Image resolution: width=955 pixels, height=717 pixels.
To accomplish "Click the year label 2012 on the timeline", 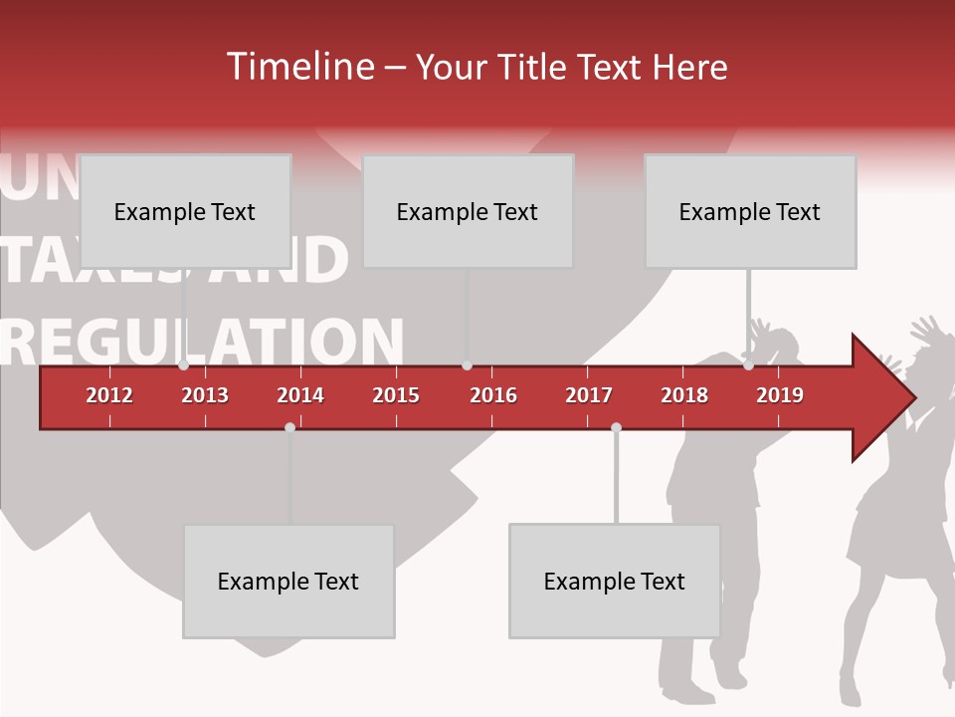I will pyautogui.click(x=109, y=395).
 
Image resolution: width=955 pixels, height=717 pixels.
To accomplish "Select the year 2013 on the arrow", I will pyautogui.click(x=205, y=395).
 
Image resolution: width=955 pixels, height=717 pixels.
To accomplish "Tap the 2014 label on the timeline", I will pyautogui.click(x=300, y=395).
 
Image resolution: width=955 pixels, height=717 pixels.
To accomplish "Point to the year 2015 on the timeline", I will pyautogui.click(x=396, y=395).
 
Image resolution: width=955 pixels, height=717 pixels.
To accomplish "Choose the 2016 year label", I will pyautogui.click(x=493, y=395).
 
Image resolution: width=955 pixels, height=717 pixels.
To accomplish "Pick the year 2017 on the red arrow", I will pyautogui.click(x=589, y=395).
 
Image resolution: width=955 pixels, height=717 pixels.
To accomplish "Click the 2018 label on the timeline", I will pyautogui.click(x=684, y=395).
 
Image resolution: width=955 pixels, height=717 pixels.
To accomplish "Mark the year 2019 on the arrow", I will pyautogui.click(x=780, y=395).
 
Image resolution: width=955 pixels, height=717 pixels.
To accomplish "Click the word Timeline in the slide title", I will pyautogui.click(x=298, y=67).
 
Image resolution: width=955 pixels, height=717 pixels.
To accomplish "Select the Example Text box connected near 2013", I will pyautogui.click(x=185, y=211).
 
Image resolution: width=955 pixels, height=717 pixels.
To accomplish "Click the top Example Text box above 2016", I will pyautogui.click(x=468, y=211).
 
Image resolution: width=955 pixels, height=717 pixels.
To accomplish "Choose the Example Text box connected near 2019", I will pyautogui.click(x=750, y=211).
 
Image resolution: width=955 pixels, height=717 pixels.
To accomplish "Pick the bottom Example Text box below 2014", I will pyautogui.click(x=288, y=582).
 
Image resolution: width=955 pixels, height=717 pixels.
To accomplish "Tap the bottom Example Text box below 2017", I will pyautogui.click(x=615, y=582).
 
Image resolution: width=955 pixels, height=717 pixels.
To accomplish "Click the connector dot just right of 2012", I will pyautogui.click(x=184, y=365).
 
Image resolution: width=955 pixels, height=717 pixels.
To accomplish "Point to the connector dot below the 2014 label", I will pyautogui.click(x=289, y=427).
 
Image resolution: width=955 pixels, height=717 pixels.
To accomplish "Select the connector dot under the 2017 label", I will pyautogui.click(x=616, y=427).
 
